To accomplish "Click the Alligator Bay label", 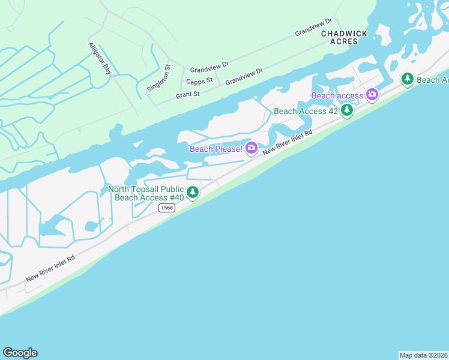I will tap(100, 58).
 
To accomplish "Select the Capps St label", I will tap(199, 80).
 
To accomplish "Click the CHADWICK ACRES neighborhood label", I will tap(344, 38).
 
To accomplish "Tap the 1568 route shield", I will tap(166, 208).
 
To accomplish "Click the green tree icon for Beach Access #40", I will tap(192, 193).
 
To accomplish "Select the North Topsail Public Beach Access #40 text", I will tap(146, 193).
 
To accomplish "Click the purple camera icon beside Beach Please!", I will tap(251, 148).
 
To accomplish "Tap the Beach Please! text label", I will tap(216, 149).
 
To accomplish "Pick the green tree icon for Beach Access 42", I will tap(347, 110).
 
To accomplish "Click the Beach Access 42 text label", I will tap(306, 111).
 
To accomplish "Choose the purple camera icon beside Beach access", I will tap(372, 94).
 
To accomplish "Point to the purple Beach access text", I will tap(337, 95).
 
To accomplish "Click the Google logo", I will tap(20, 353).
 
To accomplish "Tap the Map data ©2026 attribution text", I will tap(424, 355).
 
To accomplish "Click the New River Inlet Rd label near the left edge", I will tap(50, 269).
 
